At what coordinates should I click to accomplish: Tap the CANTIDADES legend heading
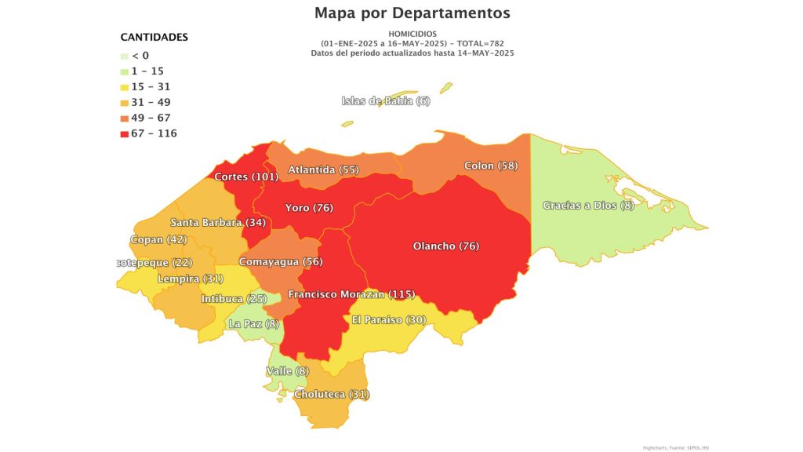(x=154, y=37)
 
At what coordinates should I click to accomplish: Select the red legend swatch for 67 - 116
(x=125, y=133)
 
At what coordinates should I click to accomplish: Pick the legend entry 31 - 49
(x=151, y=102)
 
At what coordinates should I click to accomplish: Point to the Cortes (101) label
(x=246, y=177)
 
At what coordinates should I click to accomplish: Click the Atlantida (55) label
(x=323, y=169)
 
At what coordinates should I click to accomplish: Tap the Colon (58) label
(x=491, y=166)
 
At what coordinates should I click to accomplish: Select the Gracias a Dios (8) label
(x=588, y=206)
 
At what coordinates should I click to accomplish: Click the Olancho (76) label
(x=445, y=246)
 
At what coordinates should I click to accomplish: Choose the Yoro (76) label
(x=309, y=208)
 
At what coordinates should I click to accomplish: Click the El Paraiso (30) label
(x=388, y=319)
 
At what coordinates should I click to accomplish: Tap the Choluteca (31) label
(x=331, y=393)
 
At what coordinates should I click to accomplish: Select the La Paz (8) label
(x=253, y=323)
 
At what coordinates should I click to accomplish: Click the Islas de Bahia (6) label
(x=385, y=100)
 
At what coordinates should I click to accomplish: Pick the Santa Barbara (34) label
(x=217, y=222)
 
